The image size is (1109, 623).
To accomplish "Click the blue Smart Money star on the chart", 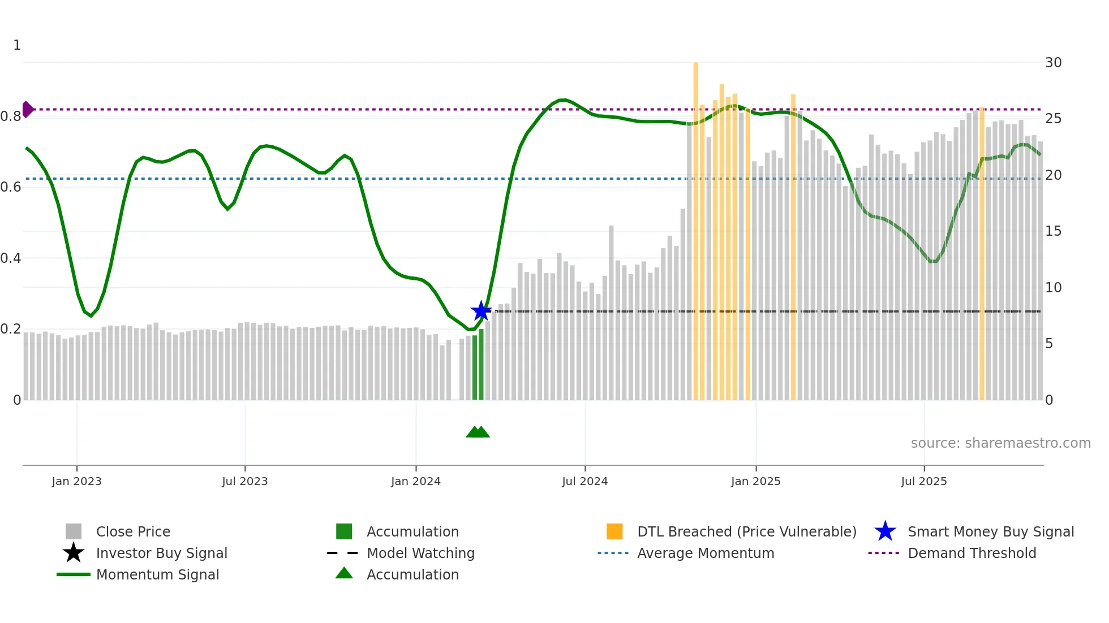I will (x=481, y=310).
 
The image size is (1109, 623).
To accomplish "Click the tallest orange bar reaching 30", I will (x=695, y=226).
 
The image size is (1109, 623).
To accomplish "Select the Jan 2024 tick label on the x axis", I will (x=415, y=481).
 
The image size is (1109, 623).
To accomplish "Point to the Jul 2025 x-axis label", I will (x=923, y=481).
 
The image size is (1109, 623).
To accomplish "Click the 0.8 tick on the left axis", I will (x=11, y=116).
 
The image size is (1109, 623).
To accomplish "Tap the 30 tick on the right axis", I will (x=1053, y=62).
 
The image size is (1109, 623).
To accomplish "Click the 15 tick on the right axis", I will (x=1053, y=231).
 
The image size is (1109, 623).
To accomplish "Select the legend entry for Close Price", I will (x=133, y=531).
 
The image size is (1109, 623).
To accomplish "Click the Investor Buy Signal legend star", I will (x=74, y=553).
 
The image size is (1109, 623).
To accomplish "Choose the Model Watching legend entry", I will (x=420, y=553).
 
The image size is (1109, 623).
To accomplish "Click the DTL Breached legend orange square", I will (x=614, y=531).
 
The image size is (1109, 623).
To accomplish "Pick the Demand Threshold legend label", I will (x=972, y=553).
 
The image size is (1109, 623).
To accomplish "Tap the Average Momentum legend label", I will (x=705, y=553).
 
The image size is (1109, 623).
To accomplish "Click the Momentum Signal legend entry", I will (x=157, y=574).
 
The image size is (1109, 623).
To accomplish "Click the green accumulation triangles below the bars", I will (x=478, y=432).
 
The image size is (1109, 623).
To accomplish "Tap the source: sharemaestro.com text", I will (x=1000, y=443).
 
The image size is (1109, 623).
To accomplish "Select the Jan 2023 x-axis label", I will (x=76, y=481).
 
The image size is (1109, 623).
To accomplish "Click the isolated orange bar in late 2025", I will (x=982, y=254).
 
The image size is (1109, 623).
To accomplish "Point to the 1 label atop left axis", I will (x=17, y=45).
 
